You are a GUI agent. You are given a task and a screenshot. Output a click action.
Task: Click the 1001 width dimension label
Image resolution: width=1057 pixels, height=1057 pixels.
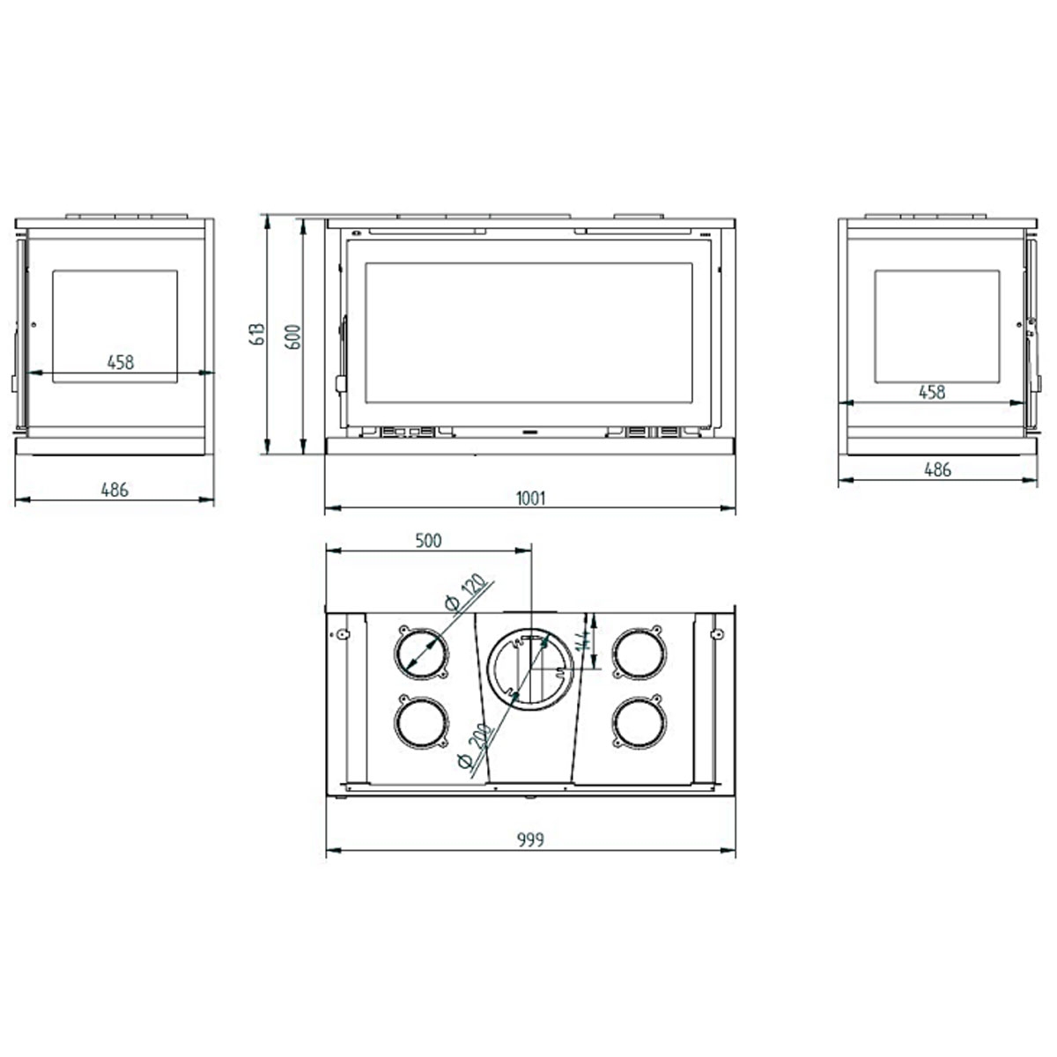point(530,499)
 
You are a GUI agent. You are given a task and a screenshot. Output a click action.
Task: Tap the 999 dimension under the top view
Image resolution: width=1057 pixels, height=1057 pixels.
point(530,839)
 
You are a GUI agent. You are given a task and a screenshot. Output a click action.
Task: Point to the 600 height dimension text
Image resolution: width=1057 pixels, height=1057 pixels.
point(294,336)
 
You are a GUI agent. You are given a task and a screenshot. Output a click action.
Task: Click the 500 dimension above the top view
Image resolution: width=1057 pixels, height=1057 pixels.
point(428,541)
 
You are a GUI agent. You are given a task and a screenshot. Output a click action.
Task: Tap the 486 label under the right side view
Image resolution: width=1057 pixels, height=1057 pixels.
point(937,469)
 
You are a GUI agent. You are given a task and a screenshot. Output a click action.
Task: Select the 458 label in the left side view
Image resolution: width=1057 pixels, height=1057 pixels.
point(120,361)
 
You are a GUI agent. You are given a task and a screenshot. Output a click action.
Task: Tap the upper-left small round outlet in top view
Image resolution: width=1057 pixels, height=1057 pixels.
point(421,654)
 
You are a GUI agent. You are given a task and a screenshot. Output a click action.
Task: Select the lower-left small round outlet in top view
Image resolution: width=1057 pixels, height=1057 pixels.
point(421,723)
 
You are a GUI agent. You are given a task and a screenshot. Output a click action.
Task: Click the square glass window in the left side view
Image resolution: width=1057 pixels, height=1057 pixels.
point(115,326)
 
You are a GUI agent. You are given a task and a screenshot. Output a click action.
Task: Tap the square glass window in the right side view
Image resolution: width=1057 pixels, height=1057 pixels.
point(936,326)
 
